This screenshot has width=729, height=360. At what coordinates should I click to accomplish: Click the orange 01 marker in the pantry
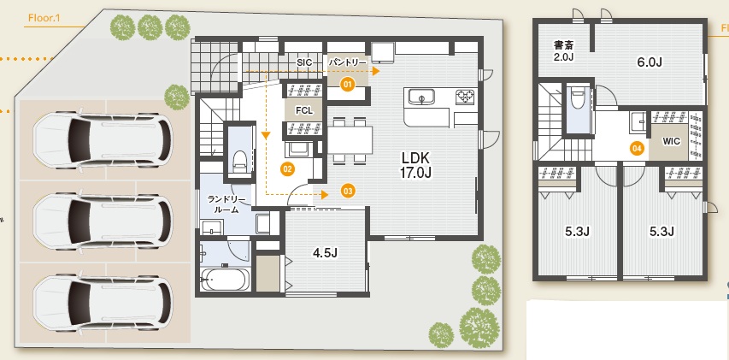pyautogui.click(x=347, y=84)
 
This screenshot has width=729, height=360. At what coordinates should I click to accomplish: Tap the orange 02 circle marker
pyautogui.click(x=287, y=168)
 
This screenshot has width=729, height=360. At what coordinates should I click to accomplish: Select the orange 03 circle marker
pyautogui.click(x=348, y=190)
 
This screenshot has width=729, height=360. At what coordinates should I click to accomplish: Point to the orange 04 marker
pyautogui.click(x=637, y=149)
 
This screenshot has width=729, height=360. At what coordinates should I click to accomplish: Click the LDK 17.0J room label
pyautogui.click(x=417, y=165)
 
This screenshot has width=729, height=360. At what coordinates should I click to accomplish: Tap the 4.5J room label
pyautogui.click(x=325, y=253)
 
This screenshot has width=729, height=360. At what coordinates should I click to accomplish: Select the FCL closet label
pyautogui.click(x=304, y=111)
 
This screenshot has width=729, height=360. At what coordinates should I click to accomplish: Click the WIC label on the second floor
pyautogui.click(x=673, y=141)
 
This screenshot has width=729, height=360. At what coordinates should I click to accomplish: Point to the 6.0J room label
pyautogui.click(x=650, y=62)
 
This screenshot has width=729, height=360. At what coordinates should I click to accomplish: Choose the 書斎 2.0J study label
pyautogui.click(x=563, y=50)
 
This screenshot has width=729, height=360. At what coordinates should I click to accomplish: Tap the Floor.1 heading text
pyautogui.click(x=44, y=19)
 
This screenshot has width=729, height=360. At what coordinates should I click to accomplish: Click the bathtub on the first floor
pyautogui.click(x=225, y=279)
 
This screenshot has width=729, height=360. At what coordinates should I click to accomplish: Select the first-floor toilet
pyautogui.click(x=239, y=161)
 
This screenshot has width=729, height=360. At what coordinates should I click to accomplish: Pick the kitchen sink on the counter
pyautogui.click(x=421, y=98)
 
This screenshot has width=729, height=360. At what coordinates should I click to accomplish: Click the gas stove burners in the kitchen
pyautogui.click(x=465, y=97)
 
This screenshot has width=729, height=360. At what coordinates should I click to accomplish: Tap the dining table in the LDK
pyautogui.click(x=350, y=140)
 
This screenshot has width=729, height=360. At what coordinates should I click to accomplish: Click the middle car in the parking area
pyautogui.click(x=103, y=221)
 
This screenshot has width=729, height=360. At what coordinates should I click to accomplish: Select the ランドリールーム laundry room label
pyautogui.click(x=226, y=204)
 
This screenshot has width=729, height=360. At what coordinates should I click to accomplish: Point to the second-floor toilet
pyautogui.click(x=578, y=99)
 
